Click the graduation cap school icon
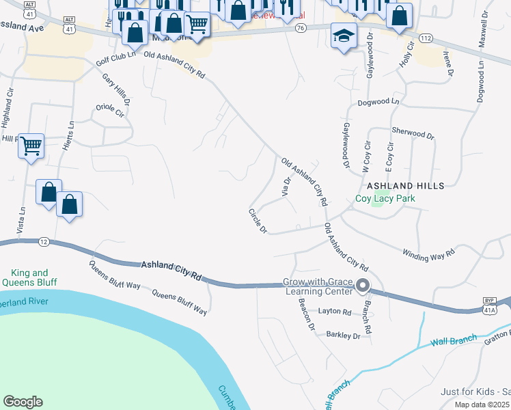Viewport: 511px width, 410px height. pos(344,36)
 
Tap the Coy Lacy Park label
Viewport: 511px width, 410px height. pos(385,199)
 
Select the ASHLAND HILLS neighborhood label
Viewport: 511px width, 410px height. pos(406,186)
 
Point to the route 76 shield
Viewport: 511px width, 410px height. pos(301,28)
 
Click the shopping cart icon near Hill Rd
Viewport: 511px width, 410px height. pos(31,146)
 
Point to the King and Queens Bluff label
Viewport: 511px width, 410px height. pos(29,277)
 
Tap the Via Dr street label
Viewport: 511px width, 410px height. pos(287,186)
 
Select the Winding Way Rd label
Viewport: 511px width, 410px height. pos(428,253)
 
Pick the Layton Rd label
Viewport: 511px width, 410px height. pos(335,312)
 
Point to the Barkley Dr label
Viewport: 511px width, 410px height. pos(343,336)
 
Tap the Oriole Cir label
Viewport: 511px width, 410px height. pos(111,112)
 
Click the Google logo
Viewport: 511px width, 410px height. pos(23,402)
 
